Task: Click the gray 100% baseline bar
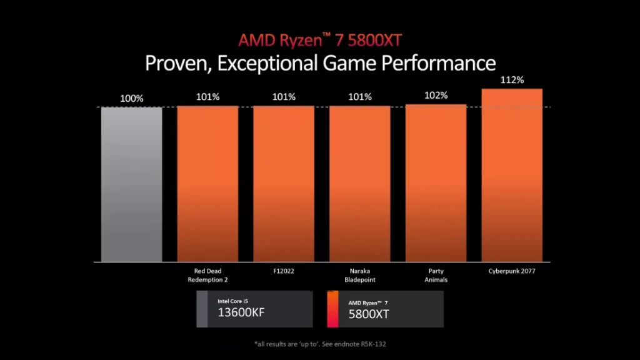[x=132, y=184]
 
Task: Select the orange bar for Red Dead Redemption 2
[x=207, y=184]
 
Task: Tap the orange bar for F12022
[x=284, y=184]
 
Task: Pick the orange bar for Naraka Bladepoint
[x=360, y=184]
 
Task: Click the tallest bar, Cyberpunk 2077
[x=512, y=175]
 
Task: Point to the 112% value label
[x=512, y=81]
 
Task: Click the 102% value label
[x=436, y=96]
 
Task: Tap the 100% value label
[x=132, y=98]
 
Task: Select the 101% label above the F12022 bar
[x=284, y=97]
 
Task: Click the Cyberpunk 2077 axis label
[x=512, y=271]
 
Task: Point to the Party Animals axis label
[x=436, y=275]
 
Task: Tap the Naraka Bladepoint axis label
[x=360, y=275]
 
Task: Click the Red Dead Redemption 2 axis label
[x=207, y=275]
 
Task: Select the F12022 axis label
[x=284, y=271]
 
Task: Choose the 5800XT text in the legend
[x=369, y=314]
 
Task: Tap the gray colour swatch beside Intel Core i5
[x=202, y=309]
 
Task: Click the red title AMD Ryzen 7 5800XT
[x=320, y=41]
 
